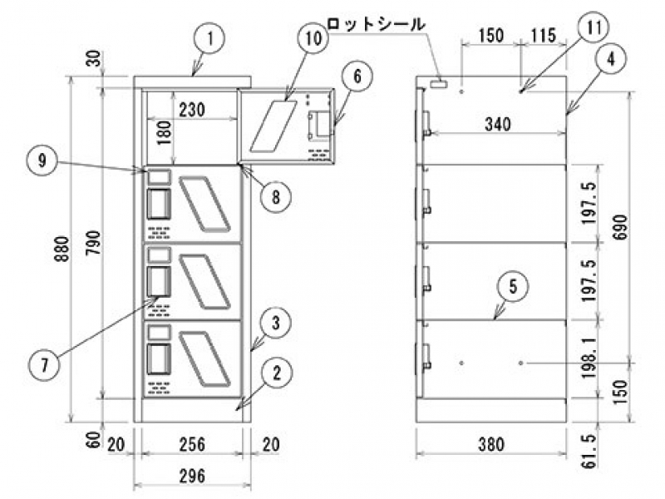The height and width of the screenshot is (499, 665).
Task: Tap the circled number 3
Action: tap(275, 319)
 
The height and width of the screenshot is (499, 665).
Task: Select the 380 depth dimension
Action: tap(491, 445)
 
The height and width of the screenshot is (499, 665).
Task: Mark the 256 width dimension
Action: tap(192, 445)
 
